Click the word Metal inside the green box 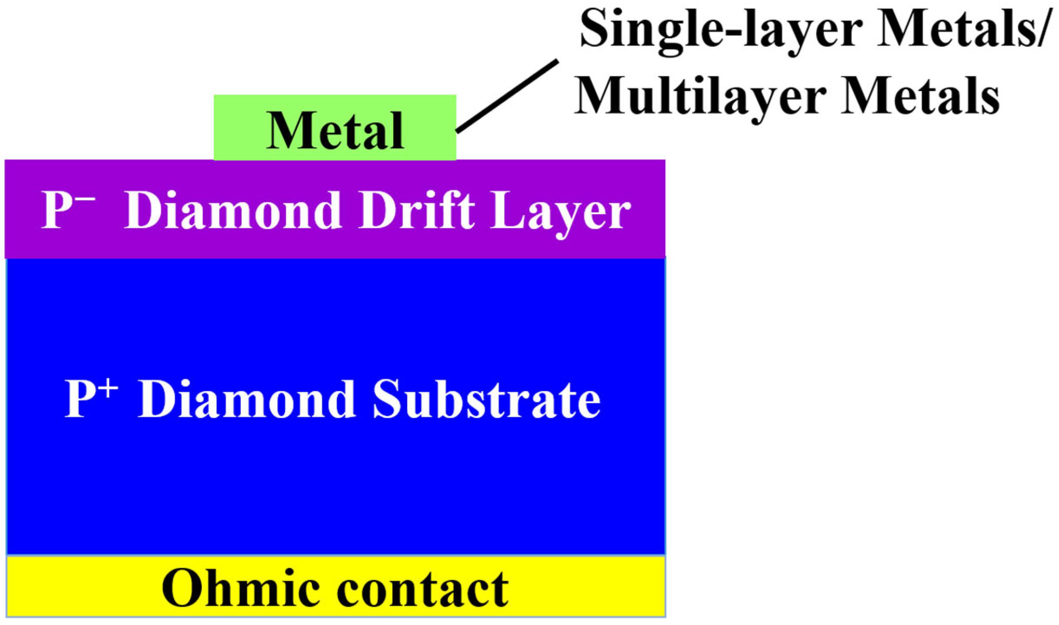[x=335, y=130]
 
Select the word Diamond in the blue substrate [x=247, y=399]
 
